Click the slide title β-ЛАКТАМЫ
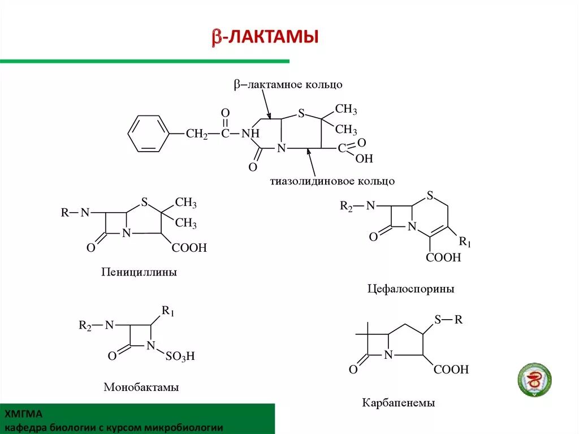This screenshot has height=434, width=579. pos(265,37)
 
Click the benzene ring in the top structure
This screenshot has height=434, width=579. pos(148,134)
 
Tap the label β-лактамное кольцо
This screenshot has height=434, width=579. pos(288,84)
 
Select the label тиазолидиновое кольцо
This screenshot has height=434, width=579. pos(332,181)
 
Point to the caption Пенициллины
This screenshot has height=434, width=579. pos(139,272)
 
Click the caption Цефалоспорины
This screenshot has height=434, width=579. pos(411,289)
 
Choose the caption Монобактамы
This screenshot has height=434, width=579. pos(141,388)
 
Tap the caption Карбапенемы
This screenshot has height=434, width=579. pos(398,403)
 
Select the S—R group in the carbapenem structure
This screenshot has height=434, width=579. pos(449,320)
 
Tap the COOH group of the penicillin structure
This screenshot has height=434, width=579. pos(189,248)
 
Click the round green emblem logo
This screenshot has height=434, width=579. pos(534,379)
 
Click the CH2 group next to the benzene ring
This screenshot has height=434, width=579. pos(196,134)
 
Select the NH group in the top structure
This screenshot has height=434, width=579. pos(250,134)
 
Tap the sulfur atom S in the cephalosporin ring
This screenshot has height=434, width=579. pos(430,196)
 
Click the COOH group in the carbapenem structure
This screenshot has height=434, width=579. pos(451,369)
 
